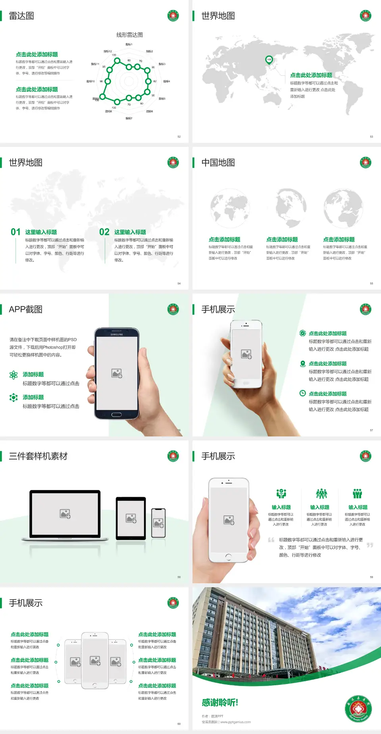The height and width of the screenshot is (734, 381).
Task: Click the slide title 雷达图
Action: tap(21, 16)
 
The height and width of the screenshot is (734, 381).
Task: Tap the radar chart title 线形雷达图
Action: tap(129, 35)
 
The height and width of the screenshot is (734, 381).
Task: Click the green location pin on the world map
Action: tap(269, 60)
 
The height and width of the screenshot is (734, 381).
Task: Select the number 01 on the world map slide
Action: tap(15, 232)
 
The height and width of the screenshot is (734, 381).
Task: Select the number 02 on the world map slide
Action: tap(104, 232)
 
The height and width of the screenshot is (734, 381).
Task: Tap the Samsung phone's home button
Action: tap(116, 415)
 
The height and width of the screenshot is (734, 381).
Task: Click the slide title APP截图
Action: tap(26, 309)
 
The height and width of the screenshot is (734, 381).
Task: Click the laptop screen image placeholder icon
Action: tap(65, 514)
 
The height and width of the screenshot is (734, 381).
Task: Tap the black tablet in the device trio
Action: tap(131, 518)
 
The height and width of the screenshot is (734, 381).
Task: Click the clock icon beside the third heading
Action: tap(302, 393)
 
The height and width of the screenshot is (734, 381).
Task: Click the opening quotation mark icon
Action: tap(271, 540)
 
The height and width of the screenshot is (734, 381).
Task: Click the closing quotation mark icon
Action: tap(370, 545)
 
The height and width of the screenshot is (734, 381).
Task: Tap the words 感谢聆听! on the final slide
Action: tap(220, 703)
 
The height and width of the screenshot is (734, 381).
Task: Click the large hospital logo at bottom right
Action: tap(358, 709)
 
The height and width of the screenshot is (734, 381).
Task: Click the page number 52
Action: tap(179, 136)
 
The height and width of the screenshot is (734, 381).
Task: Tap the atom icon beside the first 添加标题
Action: tap(13, 375)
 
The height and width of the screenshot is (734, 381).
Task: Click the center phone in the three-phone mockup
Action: tap(95, 661)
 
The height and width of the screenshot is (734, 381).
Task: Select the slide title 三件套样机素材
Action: tap(38, 456)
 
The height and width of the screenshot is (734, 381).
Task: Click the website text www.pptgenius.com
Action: tap(235, 722)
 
